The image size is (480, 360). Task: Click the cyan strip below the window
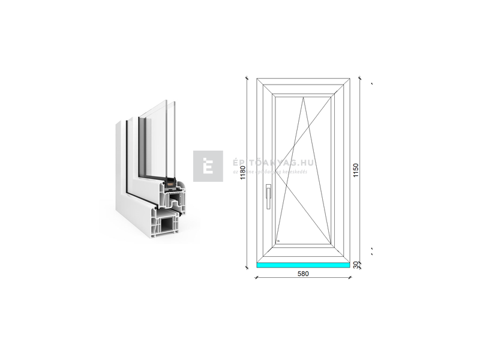(304, 265)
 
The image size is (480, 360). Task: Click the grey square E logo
(208, 166)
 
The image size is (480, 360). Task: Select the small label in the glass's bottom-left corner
(278, 241)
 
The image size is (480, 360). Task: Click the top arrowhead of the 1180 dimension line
(247, 79)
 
